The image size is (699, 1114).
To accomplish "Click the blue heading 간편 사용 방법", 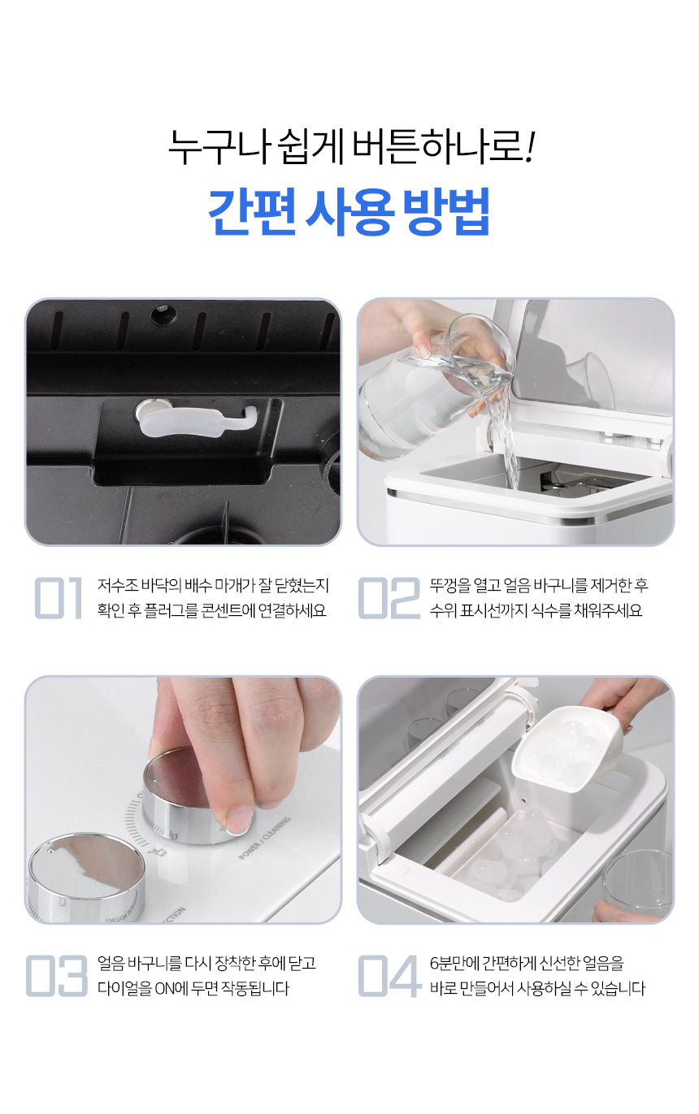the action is (x=349, y=211).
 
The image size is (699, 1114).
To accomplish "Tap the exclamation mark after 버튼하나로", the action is (x=529, y=146).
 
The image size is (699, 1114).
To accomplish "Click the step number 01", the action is (x=59, y=598).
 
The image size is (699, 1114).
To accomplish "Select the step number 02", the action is (x=389, y=598).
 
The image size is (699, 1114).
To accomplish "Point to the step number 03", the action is (x=57, y=976).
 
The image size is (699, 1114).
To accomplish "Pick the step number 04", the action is (x=389, y=976).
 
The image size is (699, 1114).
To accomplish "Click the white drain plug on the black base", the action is (x=196, y=419).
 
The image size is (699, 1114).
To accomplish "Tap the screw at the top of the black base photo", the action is (x=163, y=314).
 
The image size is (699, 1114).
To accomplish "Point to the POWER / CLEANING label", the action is (x=265, y=838).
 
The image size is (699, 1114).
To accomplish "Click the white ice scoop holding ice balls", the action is (x=567, y=749).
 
